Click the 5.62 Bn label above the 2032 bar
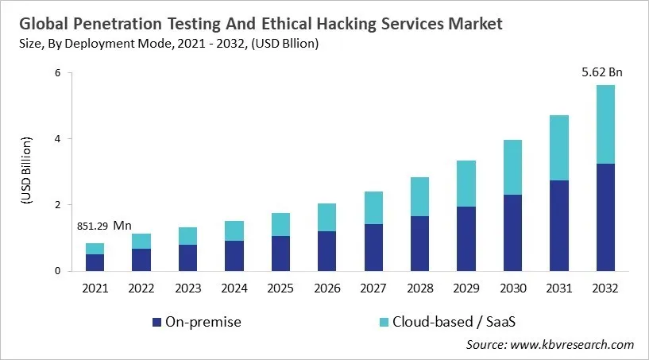pos(601,72)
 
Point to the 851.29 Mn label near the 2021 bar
pos(104,226)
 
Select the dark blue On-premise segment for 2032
pos(605,217)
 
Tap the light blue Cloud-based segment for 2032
pos(605,124)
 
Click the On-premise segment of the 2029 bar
pos(466,238)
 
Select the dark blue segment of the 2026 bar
pos(327,250)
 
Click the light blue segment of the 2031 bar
pos(558,148)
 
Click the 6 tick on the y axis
pos(58,73)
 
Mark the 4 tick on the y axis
pos(58,139)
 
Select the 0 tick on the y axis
pos(58,271)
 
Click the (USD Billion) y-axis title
pos(27,171)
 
